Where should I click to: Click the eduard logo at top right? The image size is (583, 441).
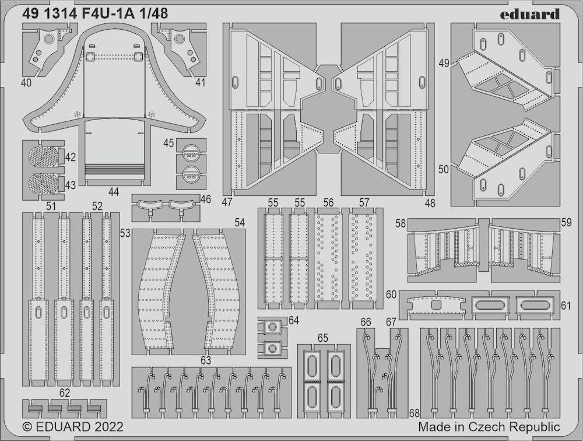pos(529,15)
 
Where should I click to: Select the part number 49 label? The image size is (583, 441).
pos(444,63)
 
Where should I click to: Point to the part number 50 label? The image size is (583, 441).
pos(444,169)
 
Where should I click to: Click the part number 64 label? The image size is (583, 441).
pos(294,320)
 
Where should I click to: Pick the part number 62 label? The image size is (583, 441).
pos(64,393)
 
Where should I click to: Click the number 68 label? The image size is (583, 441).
pos(415,413)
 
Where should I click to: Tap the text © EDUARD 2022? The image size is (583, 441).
pos(73,426)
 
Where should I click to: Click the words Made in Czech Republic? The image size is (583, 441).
pos(489,426)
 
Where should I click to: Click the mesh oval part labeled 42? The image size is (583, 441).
pos(43,156)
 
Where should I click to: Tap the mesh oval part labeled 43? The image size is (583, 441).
pos(43,184)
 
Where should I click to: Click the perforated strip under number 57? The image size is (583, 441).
pos(361,258)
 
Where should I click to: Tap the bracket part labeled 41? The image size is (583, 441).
pos(178,48)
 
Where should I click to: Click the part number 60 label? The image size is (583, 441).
pos(391,295)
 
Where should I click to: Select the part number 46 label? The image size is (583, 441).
pos(205,199)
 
